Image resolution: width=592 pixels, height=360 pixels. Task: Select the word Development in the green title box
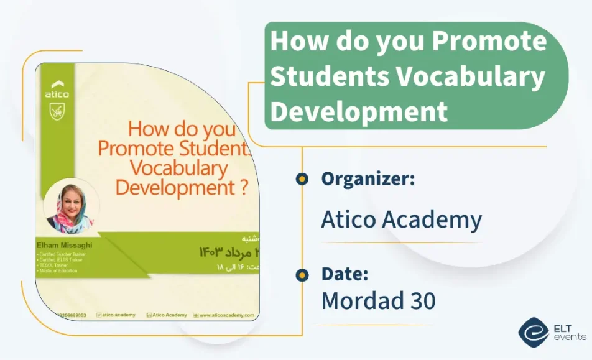tap(359, 111)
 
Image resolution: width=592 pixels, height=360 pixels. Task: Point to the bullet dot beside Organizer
tap(302, 179)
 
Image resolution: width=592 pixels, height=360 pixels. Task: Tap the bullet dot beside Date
tap(302, 274)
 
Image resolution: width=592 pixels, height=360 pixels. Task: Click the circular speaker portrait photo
tap(71, 206)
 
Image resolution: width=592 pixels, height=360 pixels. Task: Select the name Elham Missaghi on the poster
tap(64, 245)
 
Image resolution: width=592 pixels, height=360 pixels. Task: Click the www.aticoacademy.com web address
tap(226, 315)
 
